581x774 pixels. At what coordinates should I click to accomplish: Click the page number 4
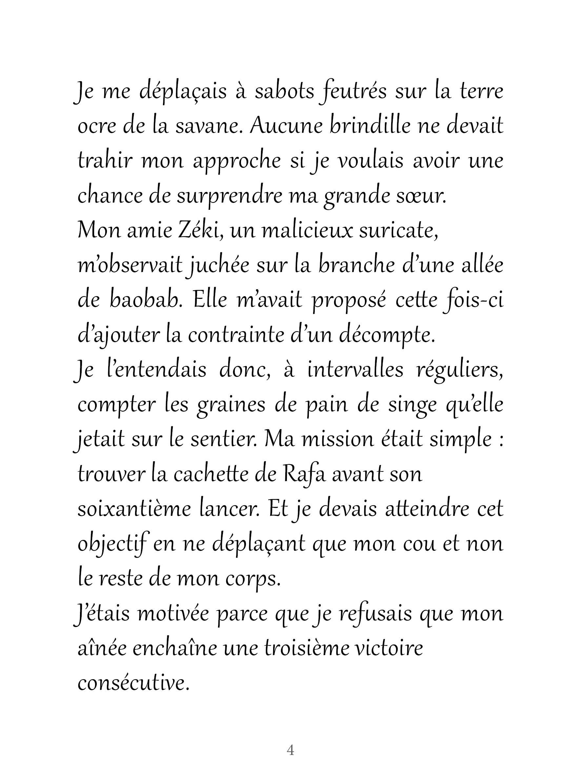coord(290,749)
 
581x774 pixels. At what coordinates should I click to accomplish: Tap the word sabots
coord(284,91)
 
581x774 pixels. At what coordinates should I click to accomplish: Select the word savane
coord(209,126)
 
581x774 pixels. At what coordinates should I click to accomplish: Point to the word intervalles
coord(355,370)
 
